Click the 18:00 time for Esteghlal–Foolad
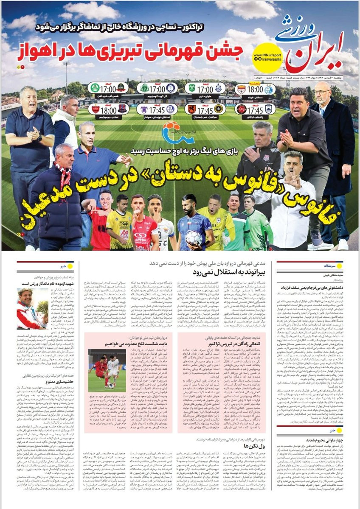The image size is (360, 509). [x=255, y=90]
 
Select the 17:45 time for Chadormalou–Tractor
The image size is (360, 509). [x=255, y=109]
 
